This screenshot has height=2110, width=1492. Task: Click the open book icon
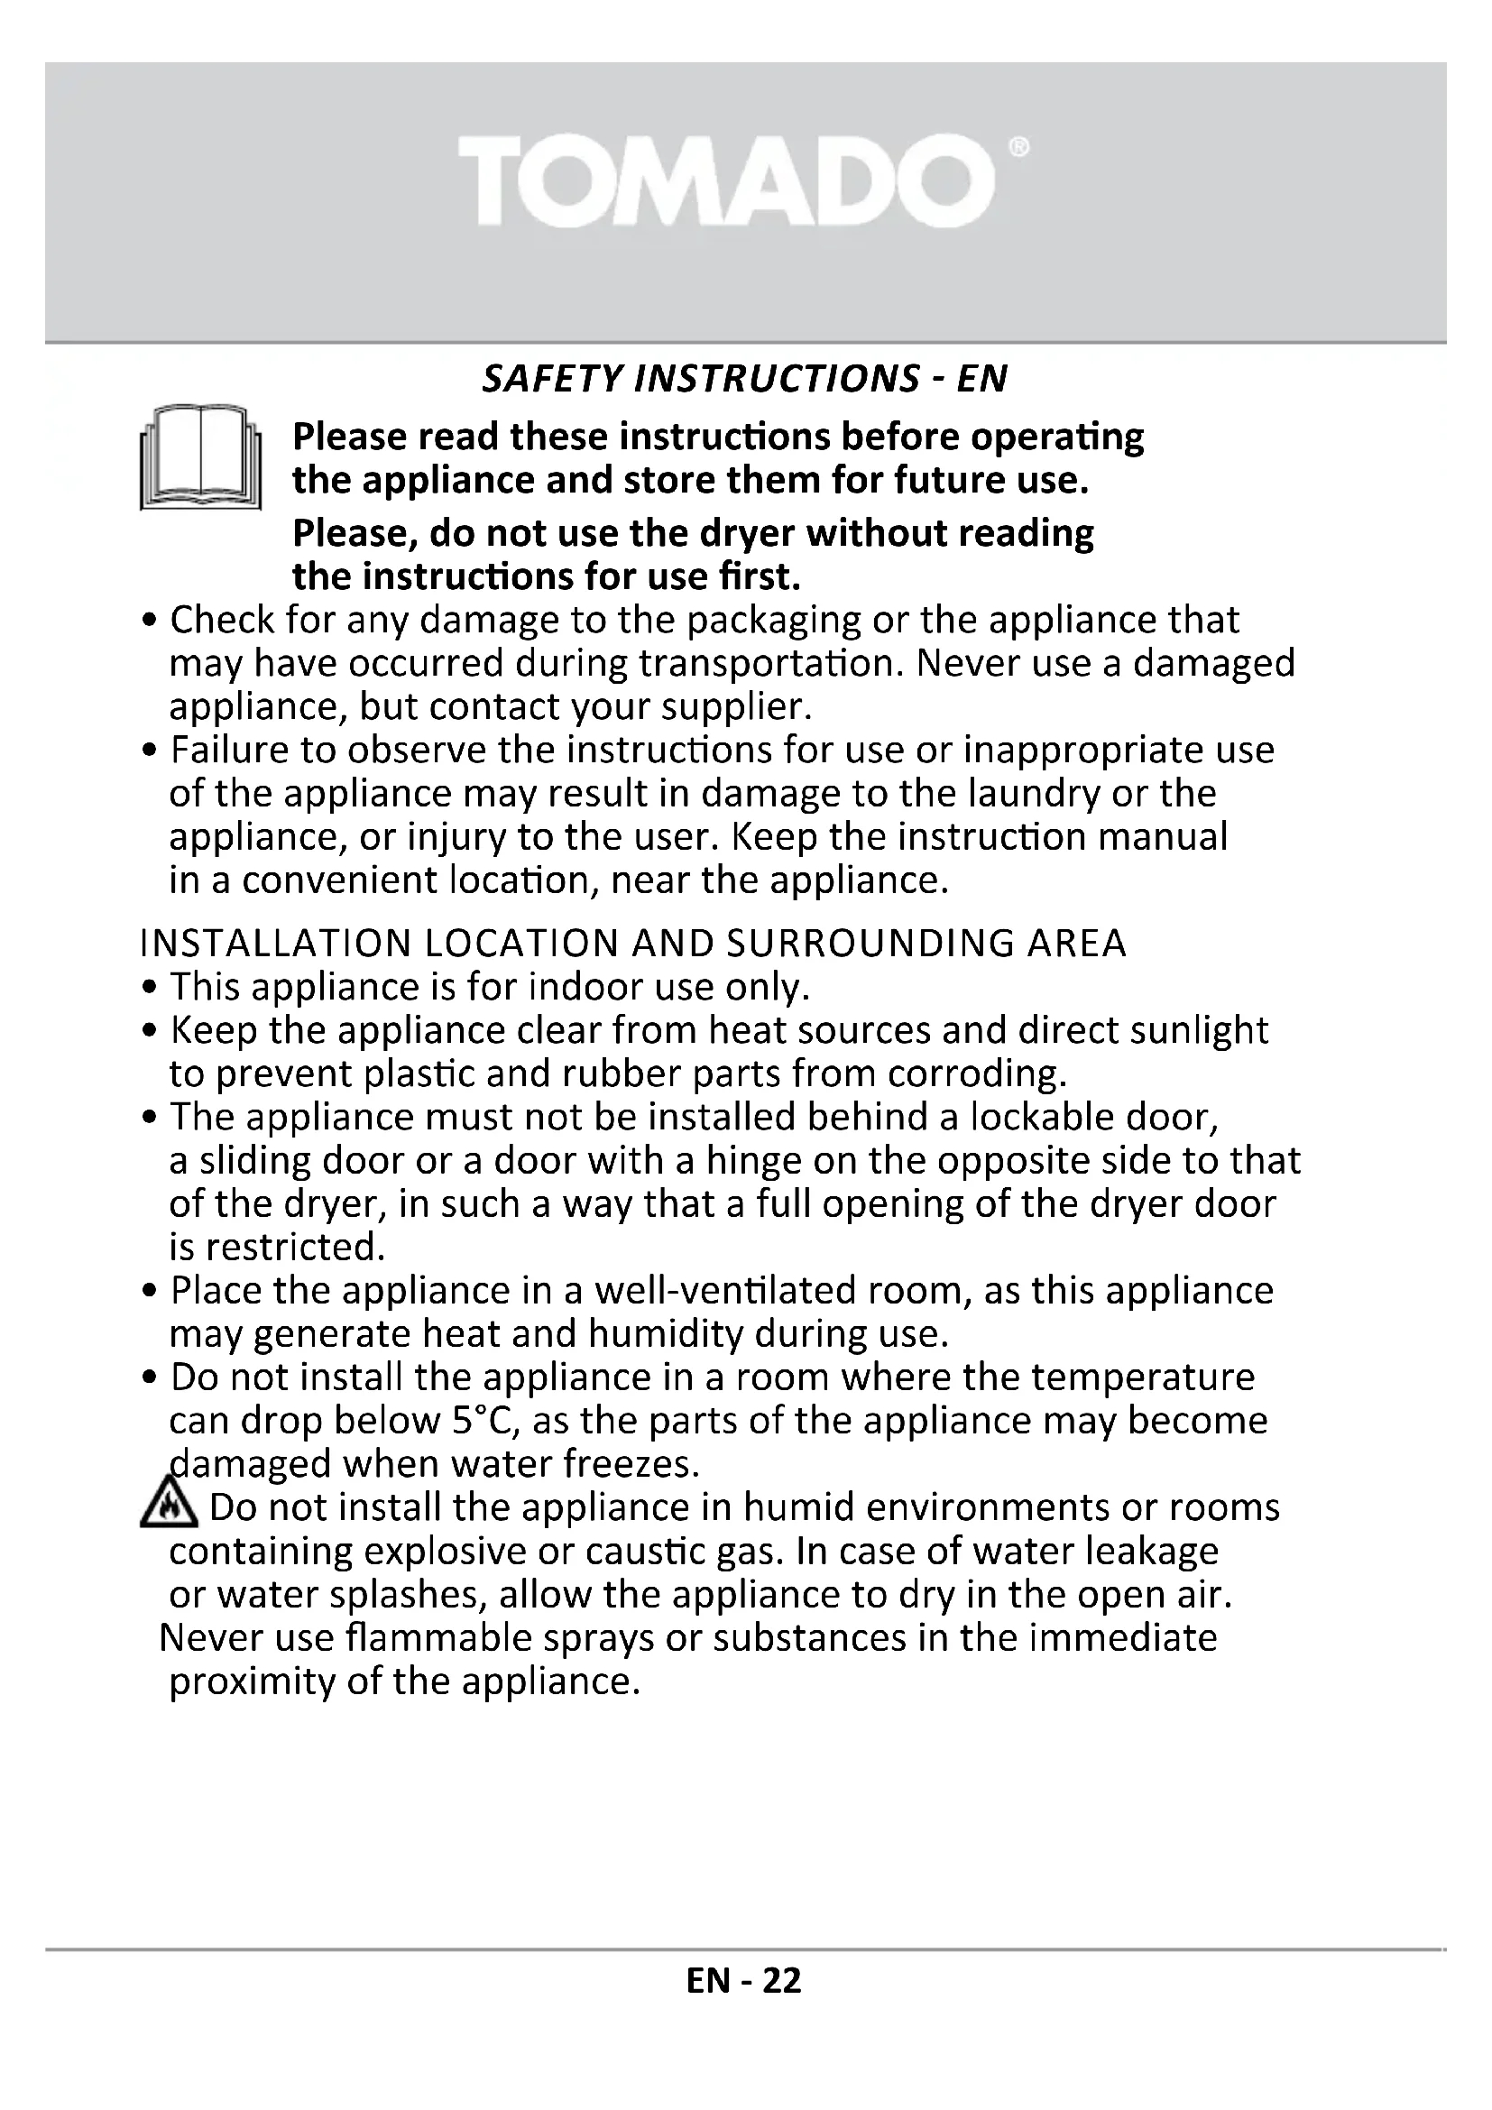coord(200,456)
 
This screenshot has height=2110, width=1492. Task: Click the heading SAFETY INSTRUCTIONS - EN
coord(744,379)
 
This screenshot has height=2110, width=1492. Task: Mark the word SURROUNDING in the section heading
coord(869,944)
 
